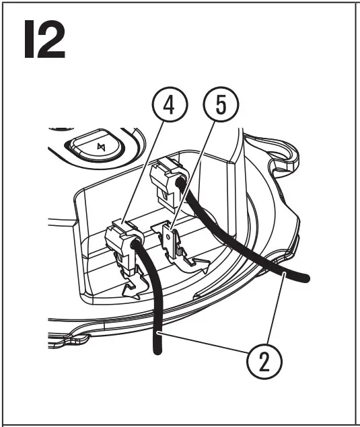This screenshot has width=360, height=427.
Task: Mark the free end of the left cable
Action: (x=157, y=350)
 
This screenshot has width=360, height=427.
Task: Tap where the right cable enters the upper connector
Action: (x=180, y=182)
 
